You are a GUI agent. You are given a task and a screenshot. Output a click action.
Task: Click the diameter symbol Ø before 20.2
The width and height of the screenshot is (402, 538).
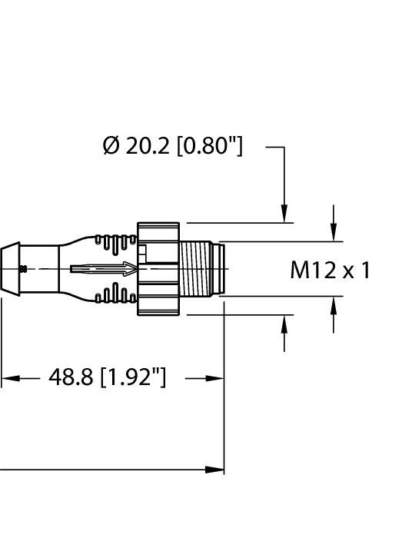point(111,146)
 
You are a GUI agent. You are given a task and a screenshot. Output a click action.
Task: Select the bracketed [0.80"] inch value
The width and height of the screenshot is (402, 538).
point(209,146)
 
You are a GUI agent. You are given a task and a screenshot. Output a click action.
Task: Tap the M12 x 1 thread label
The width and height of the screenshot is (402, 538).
point(330,270)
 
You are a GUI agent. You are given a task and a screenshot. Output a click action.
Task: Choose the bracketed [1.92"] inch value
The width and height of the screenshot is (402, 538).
point(133,378)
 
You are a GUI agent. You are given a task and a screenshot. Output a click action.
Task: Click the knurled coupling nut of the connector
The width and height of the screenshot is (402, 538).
point(158,269)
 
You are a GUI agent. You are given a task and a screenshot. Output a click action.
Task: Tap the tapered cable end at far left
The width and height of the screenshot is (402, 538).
point(11,268)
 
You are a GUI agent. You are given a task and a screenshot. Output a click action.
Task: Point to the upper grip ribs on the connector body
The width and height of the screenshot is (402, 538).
point(111,244)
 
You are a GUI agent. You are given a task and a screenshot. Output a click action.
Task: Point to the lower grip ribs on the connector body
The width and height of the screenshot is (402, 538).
point(111,294)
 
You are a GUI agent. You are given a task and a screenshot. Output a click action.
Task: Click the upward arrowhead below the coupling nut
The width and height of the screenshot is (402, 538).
point(284,323)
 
